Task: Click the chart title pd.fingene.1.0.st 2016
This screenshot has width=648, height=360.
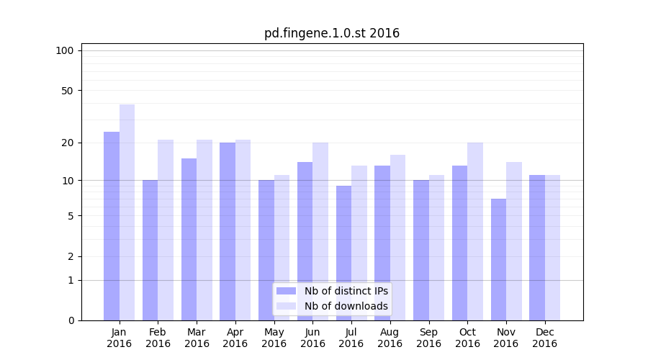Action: point(332,33)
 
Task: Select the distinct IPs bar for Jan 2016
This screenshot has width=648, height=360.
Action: point(112,226)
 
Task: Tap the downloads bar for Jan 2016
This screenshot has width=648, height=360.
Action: point(127,212)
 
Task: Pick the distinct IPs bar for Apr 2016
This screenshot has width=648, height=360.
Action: point(228,231)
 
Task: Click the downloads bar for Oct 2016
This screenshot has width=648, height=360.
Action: point(475,231)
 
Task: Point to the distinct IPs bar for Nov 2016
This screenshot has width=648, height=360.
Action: point(498,259)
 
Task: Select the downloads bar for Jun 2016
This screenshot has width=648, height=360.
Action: point(320,231)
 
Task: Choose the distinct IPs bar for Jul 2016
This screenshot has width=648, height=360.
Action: point(343,253)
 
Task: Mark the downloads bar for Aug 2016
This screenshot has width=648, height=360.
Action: point(397,238)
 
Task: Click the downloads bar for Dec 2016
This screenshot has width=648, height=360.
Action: point(552,248)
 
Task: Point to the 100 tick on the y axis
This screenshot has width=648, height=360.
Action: point(65,50)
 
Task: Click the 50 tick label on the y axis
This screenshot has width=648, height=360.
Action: point(68,91)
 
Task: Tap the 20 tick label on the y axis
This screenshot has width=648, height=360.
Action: point(68,143)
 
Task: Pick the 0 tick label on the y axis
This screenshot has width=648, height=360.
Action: point(71,320)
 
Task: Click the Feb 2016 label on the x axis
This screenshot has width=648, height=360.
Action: point(158,338)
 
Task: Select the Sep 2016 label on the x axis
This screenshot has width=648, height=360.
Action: point(428,338)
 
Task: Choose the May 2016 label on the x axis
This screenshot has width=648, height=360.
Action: point(274,338)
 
